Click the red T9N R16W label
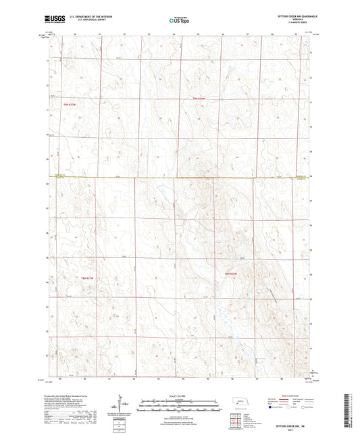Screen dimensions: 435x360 coord(198,100)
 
